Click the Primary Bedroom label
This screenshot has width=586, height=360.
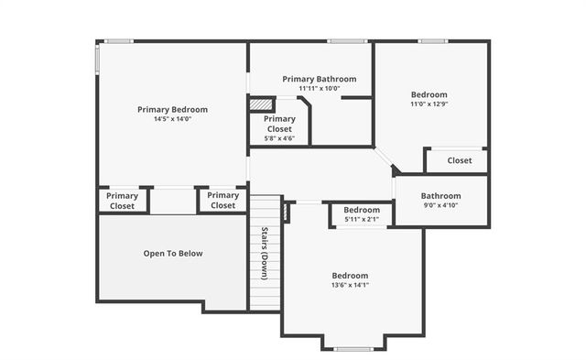[x=172, y=109]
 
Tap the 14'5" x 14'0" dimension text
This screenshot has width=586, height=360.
[x=172, y=119]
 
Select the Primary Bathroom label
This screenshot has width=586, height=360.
[x=319, y=79]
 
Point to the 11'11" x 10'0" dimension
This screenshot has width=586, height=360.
[x=319, y=89]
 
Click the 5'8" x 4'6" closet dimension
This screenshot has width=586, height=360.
[x=279, y=139]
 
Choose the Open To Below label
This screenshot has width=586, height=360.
[x=172, y=254]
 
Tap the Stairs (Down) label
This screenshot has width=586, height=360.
[x=264, y=253]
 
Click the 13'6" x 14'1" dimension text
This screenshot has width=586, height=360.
[x=350, y=285]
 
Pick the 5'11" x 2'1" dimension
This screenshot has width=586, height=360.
[x=362, y=219]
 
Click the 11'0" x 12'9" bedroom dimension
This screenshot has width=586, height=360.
[x=429, y=104]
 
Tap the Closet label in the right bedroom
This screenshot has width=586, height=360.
[x=460, y=160]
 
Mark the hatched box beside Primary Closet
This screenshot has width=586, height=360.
[x=262, y=104]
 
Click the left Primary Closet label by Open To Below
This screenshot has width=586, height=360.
[x=122, y=201]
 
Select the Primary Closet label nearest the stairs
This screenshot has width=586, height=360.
[x=222, y=201]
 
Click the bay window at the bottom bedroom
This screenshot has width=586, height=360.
[x=353, y=349]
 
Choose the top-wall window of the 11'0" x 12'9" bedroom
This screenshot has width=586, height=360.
[x=432, y=41]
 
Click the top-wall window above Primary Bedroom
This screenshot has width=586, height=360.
[x=117, y=41]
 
